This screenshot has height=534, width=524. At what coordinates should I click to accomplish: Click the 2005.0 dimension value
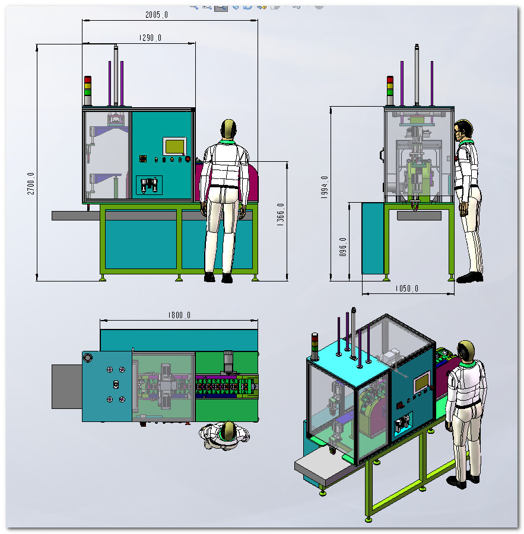click(x=157, y=15)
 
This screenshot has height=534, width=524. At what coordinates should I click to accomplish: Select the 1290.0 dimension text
click(x=150, y=38)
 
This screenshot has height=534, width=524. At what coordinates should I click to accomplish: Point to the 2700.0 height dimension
click(x=31, y=183)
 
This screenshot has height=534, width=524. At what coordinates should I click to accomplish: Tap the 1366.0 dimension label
click(x=280, y=215)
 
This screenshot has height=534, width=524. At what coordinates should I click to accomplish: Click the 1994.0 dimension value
click(x=324, y=187)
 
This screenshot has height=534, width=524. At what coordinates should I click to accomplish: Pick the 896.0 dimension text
click(x=343, y=247)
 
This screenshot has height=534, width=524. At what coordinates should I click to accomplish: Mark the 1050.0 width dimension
click(x=407, y=289)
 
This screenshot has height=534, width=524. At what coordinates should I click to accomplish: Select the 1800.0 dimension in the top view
click(x=179, y=315)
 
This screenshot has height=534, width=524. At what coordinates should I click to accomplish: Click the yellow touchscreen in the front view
click(x=174, y=146)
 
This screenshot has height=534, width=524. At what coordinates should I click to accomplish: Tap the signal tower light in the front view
click(x=88, y=91)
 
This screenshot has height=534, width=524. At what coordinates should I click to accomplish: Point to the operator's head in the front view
click(x=228, y=129)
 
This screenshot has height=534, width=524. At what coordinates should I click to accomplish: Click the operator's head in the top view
click(x=228, y=430)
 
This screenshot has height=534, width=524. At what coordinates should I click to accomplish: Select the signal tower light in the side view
click(x=390, y=91)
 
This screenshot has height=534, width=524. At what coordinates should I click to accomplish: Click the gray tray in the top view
click(x=67, y=386)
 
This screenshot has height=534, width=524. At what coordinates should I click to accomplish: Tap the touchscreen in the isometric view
click(x=422, y=382)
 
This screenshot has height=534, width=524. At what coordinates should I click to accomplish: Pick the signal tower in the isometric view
click(x=315, y=346)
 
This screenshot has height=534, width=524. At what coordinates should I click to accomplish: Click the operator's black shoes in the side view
click(x=470, y=277)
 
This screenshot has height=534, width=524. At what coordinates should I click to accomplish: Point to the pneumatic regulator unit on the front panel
click(x=149, y=186)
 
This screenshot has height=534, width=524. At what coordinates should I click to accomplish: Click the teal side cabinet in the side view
click(x=373, y=238)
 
